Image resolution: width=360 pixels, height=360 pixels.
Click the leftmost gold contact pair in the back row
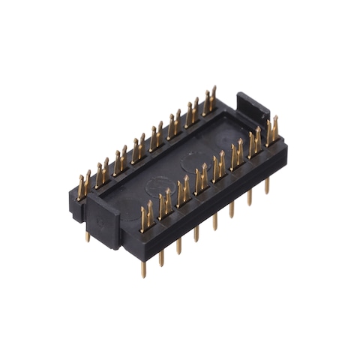[84, 184]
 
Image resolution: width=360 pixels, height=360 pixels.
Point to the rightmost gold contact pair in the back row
[209, 100]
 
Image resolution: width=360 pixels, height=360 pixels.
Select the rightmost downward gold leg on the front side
[267, 184]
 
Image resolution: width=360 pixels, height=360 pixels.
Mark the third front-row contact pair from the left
[183, 190]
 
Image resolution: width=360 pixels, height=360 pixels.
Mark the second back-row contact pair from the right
[193, 111]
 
